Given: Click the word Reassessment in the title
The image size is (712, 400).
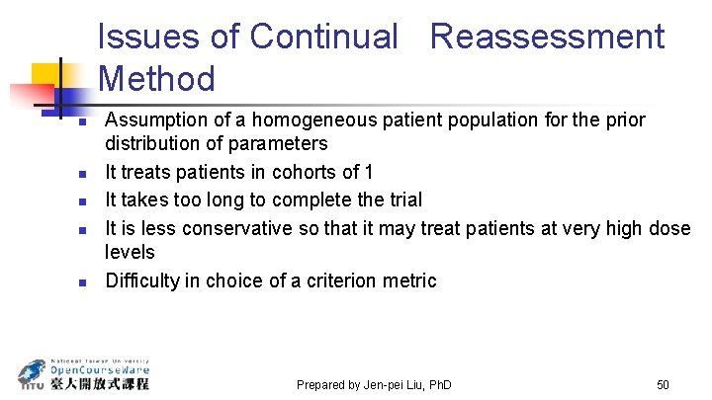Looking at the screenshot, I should [547, 37].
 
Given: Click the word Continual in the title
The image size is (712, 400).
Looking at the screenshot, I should [322, 37].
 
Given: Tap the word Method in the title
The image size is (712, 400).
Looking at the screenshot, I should [157, 77].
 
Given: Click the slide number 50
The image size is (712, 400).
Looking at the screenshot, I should [663, 383].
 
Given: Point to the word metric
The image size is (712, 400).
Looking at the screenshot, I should [409, 280].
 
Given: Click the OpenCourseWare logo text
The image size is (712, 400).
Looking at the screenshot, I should [99, 369].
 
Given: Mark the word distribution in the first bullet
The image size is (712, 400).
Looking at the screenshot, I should [154, 144].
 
